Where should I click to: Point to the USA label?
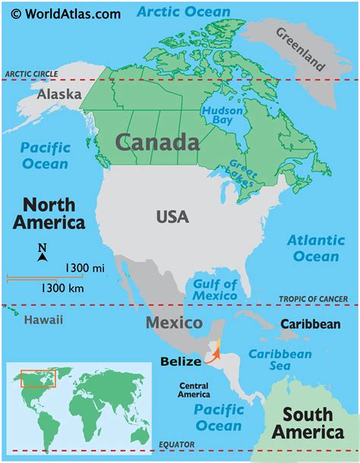point(173,217)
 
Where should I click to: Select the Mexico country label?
point(174,323)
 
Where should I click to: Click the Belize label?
point(181,361)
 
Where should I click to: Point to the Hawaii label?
point(43,320)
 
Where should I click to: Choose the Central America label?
point(194,390)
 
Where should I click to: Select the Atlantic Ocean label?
point(316,248)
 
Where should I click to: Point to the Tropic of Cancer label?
point(317,298)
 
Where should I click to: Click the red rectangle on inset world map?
point(38,378)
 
